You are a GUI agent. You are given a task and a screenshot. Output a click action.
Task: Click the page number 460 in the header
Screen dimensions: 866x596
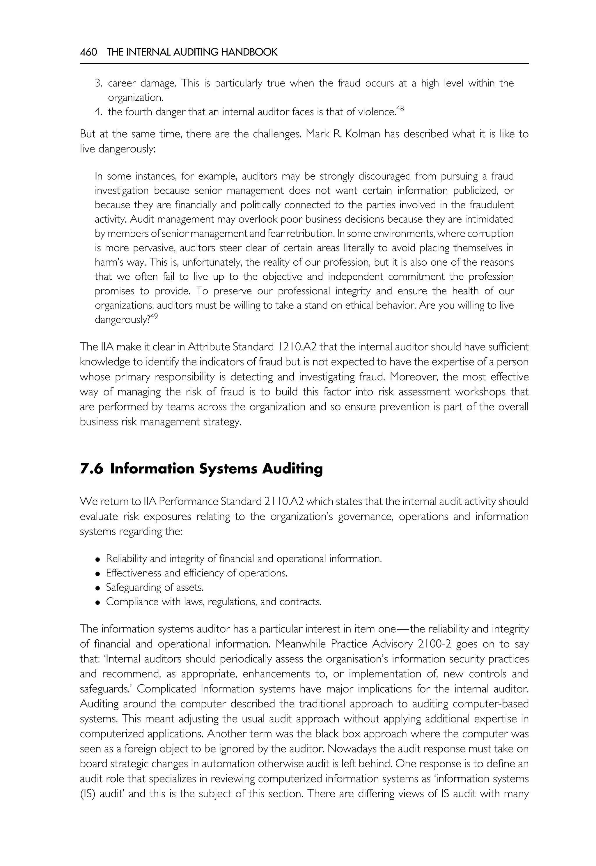[88, 52]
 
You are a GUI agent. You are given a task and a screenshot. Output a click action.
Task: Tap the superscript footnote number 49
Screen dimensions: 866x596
[154, 317]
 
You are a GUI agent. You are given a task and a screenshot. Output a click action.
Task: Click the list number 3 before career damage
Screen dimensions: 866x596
[99, 83]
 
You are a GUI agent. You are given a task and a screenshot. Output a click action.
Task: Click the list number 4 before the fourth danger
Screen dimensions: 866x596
[99, 112]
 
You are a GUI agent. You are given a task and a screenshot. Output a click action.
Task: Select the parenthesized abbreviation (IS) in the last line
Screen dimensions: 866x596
[88, 794]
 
